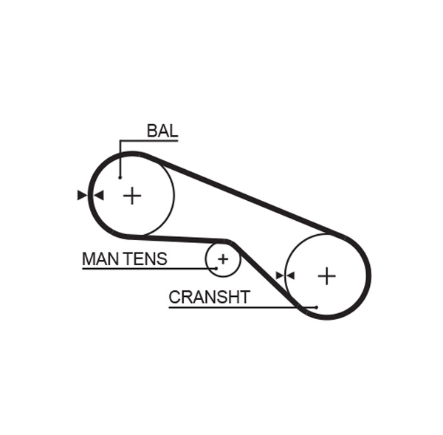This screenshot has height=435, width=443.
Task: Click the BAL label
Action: tap(162, 131)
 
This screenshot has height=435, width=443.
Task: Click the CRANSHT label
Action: tap(209, 298)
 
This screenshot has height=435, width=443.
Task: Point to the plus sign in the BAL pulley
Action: tap(131, 196)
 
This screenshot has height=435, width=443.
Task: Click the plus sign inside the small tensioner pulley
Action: tap(223, 259)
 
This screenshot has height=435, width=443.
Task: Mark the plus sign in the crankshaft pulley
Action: tap(326, 276)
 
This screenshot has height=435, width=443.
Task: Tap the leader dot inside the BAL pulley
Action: tap(120, 177)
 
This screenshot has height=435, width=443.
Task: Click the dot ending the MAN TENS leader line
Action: tap(216, 268)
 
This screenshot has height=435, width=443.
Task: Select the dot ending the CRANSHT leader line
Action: tap(315, 306)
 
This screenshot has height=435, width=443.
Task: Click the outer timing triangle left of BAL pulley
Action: tap(81, 196)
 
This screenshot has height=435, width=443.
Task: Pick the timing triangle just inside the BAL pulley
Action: tap(99, 196)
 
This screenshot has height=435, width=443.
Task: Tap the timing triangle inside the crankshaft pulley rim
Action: tap(290, 275)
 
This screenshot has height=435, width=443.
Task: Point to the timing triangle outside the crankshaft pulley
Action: tap(280, 275)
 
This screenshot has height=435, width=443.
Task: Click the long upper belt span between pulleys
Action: tap(244, 196)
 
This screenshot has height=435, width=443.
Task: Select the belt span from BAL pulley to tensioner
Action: tap(177, 239)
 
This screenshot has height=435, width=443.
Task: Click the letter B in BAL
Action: tap(151, 131)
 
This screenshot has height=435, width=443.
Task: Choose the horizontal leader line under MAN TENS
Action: tap(148, 268)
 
